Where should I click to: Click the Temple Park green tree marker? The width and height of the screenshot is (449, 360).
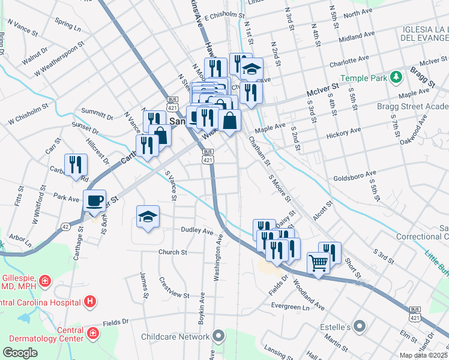point(396,77)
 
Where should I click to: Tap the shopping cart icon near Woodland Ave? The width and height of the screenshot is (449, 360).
point(318,262)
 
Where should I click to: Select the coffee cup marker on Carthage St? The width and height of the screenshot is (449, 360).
point(94,200)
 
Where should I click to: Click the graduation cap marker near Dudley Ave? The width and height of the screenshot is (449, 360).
point(148,217)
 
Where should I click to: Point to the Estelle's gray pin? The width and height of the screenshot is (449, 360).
point(360,327)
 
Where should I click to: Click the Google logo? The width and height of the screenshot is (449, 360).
point(20,353)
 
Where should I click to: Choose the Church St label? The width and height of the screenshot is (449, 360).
point(172,252)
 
